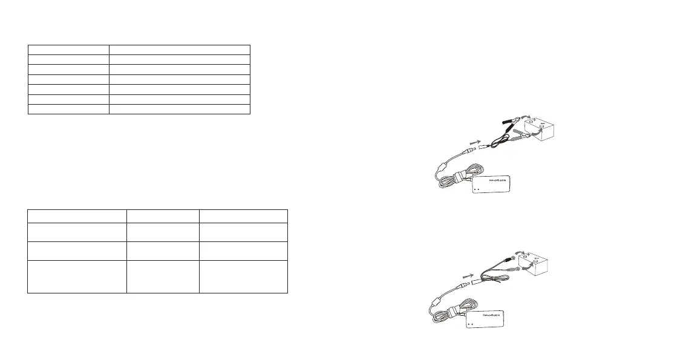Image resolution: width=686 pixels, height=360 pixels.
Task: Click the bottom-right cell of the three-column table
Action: click(243, 277)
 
